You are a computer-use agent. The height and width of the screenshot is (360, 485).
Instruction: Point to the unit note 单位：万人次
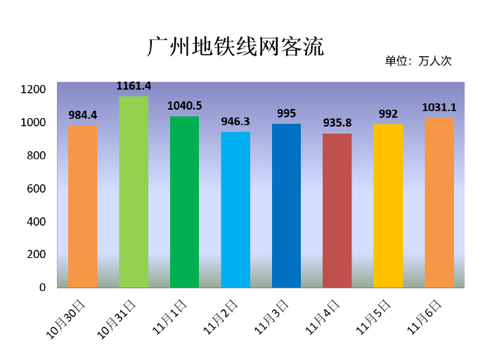point(418,61)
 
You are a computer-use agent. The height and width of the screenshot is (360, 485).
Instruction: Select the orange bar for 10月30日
point(83,206)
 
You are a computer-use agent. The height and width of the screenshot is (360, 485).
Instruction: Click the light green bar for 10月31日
point(134,191)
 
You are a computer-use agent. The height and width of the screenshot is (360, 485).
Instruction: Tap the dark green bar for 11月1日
point(184,201)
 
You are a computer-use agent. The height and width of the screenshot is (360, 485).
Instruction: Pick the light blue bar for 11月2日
point(235,209)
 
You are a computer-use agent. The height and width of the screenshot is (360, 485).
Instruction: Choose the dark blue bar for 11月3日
point(286,205)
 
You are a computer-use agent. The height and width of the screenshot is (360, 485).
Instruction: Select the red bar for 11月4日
point(337,210)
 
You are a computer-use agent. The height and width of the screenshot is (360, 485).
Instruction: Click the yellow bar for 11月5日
point(388,205)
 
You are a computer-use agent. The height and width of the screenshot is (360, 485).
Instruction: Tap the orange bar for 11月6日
point(439,202)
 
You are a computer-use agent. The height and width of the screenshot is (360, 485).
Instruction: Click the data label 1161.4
point(134,86)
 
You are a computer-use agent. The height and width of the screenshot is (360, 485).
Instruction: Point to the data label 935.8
point(337,122)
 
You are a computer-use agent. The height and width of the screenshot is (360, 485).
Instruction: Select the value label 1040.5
point(184,105)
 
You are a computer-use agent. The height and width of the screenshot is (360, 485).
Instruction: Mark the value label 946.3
point(235,121)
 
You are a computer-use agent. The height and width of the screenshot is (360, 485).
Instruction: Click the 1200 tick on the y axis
point(33,89)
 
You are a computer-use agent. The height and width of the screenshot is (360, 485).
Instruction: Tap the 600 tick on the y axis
point(36,188)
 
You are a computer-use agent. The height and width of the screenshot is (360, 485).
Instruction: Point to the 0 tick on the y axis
point(42,288)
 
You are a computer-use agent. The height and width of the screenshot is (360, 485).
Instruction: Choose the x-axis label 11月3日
point(273,316)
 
